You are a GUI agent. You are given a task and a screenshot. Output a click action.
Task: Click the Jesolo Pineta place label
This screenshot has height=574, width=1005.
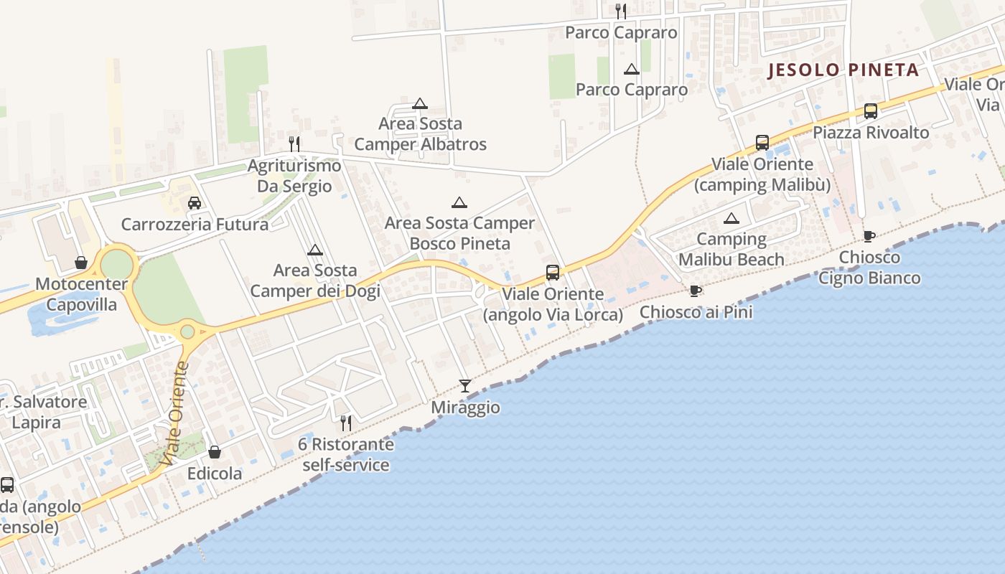tap(843, 70)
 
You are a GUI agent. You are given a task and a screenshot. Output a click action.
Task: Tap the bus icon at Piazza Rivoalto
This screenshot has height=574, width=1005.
tap(871, 111)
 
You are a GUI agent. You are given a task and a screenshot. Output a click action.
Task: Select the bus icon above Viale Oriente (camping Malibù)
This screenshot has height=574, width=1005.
tap(762, 143)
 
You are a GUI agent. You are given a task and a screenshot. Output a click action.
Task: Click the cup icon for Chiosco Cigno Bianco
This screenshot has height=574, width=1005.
tap(869, 236)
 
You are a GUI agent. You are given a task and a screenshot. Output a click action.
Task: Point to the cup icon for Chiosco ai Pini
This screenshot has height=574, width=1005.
tap(695, 291)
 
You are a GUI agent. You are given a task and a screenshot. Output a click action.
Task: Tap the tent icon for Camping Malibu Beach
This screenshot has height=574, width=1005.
tap(731, 218)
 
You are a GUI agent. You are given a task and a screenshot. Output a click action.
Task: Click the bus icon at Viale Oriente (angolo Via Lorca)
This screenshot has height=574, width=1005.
tap(553, 273)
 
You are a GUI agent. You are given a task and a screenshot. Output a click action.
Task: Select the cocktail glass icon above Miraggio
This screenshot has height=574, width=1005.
tap(465, 386)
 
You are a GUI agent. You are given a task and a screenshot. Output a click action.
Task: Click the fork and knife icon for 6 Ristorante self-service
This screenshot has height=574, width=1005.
tap(346, 423)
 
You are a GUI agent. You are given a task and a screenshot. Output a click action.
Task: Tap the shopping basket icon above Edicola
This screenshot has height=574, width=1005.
tap(215, 452)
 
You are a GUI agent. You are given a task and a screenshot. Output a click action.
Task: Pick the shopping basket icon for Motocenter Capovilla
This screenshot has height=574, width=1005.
tap(81, 263)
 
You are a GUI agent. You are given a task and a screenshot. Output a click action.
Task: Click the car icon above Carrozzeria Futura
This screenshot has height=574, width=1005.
tap(195, 203)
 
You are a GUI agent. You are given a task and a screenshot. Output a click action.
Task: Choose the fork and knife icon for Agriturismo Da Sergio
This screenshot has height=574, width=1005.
tap(294, 144)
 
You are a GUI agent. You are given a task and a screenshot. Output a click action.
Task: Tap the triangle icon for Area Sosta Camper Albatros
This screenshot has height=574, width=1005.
tap(420, 103)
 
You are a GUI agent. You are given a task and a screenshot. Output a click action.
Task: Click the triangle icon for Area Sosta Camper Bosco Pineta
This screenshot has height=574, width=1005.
tap(459, 202)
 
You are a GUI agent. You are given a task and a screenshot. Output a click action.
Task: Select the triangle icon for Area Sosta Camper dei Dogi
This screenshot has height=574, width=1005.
tap(314, 250)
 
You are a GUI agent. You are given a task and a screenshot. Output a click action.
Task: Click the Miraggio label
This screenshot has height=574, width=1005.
tap(465, 408)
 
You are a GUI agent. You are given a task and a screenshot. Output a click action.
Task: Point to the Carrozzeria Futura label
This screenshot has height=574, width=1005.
tap(195, 225)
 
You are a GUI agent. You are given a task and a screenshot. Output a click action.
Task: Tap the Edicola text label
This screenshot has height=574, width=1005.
tap(215, 474)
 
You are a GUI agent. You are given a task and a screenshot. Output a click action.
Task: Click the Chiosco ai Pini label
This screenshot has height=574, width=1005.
tap(696, 312)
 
